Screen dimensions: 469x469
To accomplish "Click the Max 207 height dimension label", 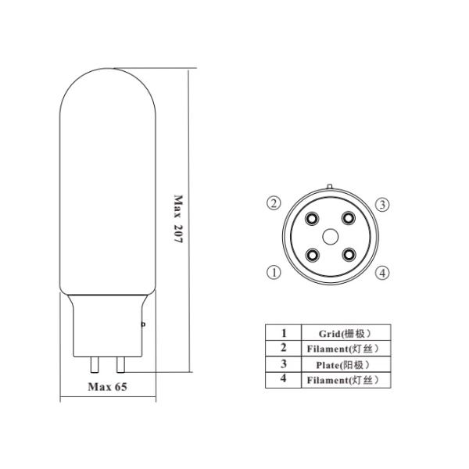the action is (x=178, y=219).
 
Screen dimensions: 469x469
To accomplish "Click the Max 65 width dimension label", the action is (x=107, y=387).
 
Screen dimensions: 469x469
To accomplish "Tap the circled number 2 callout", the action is (x=274, y=203).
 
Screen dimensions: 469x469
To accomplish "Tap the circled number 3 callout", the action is (x=382, y=205).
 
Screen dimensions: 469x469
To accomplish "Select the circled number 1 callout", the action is (x=274, y=272).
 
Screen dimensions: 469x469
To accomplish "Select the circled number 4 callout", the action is (x=382, y=273).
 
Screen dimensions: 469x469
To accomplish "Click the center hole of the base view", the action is (x=330, y=237).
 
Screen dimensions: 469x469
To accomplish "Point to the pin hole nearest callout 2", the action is (x=312, y=219).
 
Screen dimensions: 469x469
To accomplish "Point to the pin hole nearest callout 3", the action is (x=349, y=218).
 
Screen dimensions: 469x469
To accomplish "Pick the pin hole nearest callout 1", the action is (x=313, y=255).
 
